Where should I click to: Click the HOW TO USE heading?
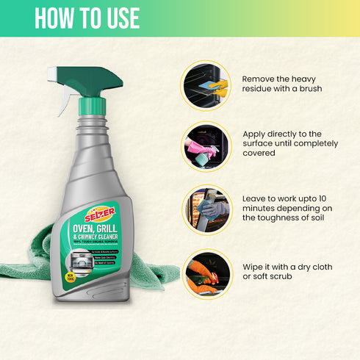pyautogui.click(x=87, y=19)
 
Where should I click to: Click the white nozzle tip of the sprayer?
pyautogui.click(x=54, y=74)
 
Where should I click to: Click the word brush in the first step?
pyautogui.click(x=309, y=89)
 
